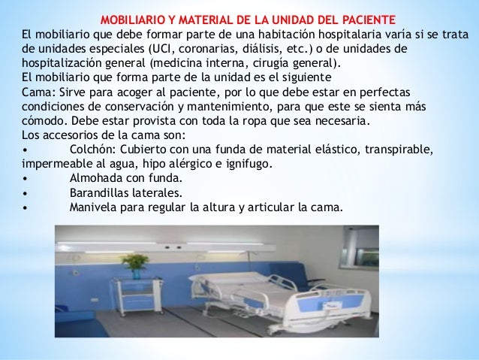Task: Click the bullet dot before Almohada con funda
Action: [x=26, y=178]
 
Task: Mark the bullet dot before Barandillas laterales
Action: [x=26, y=192]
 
